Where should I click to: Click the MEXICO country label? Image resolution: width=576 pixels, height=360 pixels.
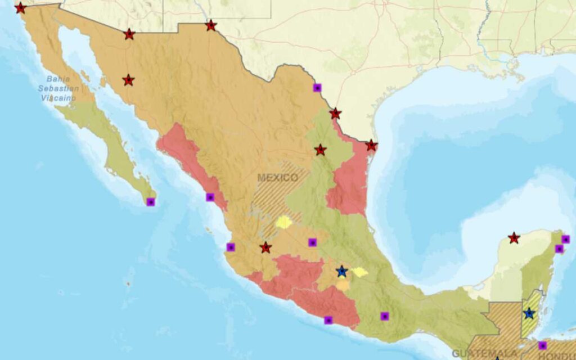click(x=277, y=178)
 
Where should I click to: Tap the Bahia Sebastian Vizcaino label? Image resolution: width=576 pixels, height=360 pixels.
click(x=57, y=88)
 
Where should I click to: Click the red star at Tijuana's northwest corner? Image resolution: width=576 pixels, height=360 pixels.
click(x=20, y=8)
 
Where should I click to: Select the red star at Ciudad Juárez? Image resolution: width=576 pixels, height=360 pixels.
click(x=211, y=25)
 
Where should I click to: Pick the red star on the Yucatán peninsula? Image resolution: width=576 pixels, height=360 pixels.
click(x=514, y=238)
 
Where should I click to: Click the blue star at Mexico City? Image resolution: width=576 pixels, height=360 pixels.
click(x=341, y=272)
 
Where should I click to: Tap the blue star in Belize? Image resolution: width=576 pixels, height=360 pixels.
click(x=529, y=313)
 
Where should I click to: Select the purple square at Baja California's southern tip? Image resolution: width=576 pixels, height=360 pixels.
click(x=150, y=202)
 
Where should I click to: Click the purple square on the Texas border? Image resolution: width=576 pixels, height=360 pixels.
click(x=317, y=87)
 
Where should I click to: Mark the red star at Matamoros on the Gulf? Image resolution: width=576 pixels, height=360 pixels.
click(x=371, y=146)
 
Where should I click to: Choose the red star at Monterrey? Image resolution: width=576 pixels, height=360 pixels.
click(x=320, y=150)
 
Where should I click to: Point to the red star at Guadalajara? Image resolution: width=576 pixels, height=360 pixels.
click(x=265, y=247)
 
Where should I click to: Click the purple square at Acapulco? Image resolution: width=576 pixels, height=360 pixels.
click(x=328, y=320)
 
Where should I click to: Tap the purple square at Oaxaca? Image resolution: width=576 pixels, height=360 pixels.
click(x=385, y=316)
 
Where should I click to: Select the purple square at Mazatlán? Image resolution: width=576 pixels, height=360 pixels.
click(x=210, y=197)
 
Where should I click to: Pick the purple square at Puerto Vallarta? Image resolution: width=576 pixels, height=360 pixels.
click(x=231, y=247)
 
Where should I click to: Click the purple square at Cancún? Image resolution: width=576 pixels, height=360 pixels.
click(x=565, y=239)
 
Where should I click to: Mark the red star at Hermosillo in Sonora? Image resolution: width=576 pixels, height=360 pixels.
click(x=128, y=80)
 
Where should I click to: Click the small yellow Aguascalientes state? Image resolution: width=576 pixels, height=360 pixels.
click(x=284, y=222)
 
